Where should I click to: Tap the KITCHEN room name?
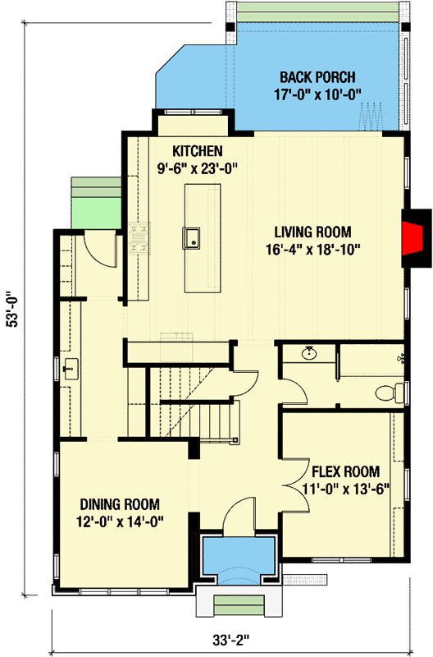196,151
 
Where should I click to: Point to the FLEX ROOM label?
345,471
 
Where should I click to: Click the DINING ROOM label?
119,504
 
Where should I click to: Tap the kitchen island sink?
193,238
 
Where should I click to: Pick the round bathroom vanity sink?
310,355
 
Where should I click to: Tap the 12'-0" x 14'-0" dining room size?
119,520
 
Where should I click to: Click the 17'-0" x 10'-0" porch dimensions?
317,94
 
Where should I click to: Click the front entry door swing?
240,517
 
